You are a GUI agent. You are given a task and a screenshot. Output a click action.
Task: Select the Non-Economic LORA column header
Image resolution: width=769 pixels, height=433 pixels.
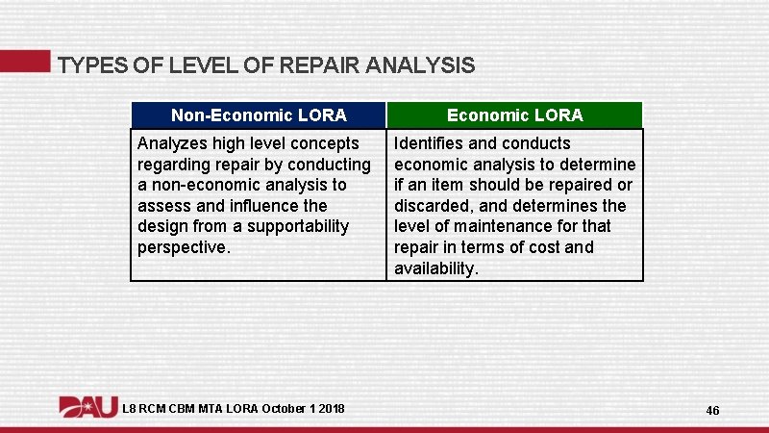pyautogui.click(x=259, y=115)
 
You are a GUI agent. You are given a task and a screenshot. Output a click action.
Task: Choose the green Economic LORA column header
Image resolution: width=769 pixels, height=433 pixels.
pyautogui.click(x=514, y=115)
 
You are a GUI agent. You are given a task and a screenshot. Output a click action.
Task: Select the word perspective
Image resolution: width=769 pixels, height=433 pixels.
pyautogui.click(x=183, y=247)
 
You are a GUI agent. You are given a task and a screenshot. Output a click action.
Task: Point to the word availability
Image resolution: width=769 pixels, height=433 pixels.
pyautogui.click(x=434, y=268)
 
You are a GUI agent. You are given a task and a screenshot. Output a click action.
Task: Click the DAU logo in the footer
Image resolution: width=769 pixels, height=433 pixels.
pyautogui.click(x=88, y=407)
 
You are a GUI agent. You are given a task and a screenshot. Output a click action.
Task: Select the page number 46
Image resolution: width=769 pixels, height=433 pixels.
pyautogui.click(x=712, y=411)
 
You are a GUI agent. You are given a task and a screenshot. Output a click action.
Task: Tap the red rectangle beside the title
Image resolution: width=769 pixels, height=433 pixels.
pyautogui.click(x=24, y=61)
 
